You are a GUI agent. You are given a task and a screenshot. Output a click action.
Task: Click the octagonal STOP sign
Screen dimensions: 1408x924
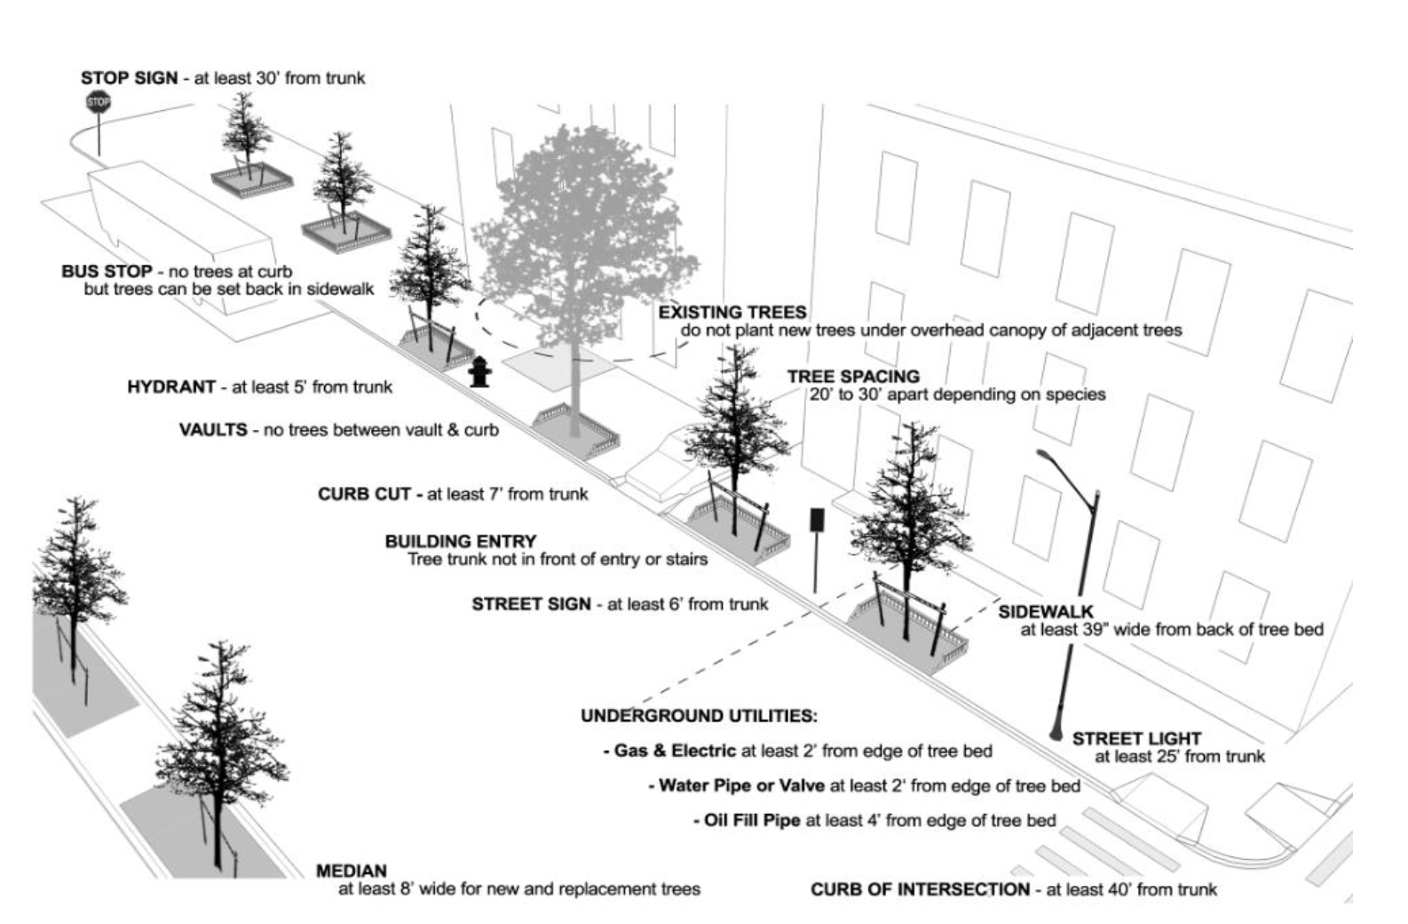coord(98,102)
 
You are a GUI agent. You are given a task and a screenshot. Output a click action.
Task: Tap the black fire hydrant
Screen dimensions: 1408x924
coord(479,371)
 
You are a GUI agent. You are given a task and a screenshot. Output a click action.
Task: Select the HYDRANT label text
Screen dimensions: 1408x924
coord(171,386)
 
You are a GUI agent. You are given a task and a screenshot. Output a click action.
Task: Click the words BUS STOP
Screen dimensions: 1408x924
coord(107,271)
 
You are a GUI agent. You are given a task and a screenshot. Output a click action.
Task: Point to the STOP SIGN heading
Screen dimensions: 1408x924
coord(130,78)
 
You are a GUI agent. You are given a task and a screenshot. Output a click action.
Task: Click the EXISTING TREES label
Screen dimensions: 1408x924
coord(732,312)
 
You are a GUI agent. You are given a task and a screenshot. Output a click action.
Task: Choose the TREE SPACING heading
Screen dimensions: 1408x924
coord(854,376)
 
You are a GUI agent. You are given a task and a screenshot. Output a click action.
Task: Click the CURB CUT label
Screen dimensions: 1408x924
coord(365,494)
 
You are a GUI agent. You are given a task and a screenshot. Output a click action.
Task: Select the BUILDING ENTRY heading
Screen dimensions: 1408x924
coord(461,541)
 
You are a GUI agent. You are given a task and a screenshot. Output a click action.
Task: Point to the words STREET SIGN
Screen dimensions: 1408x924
coord(532,604)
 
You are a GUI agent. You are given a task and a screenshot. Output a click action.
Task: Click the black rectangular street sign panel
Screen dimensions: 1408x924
coord(817,520)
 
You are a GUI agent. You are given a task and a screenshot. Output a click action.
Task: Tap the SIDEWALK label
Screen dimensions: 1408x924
coord(1046,611)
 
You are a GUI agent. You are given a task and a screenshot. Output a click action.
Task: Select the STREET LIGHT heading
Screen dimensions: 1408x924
coord(1136,738)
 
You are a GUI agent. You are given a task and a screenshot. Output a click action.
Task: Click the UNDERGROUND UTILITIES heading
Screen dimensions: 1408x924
coord(699,716)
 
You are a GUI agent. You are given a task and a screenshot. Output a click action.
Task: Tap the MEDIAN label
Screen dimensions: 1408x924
coord(352,872)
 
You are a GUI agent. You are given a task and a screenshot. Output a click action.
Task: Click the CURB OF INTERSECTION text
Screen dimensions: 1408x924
coord(921,889)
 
